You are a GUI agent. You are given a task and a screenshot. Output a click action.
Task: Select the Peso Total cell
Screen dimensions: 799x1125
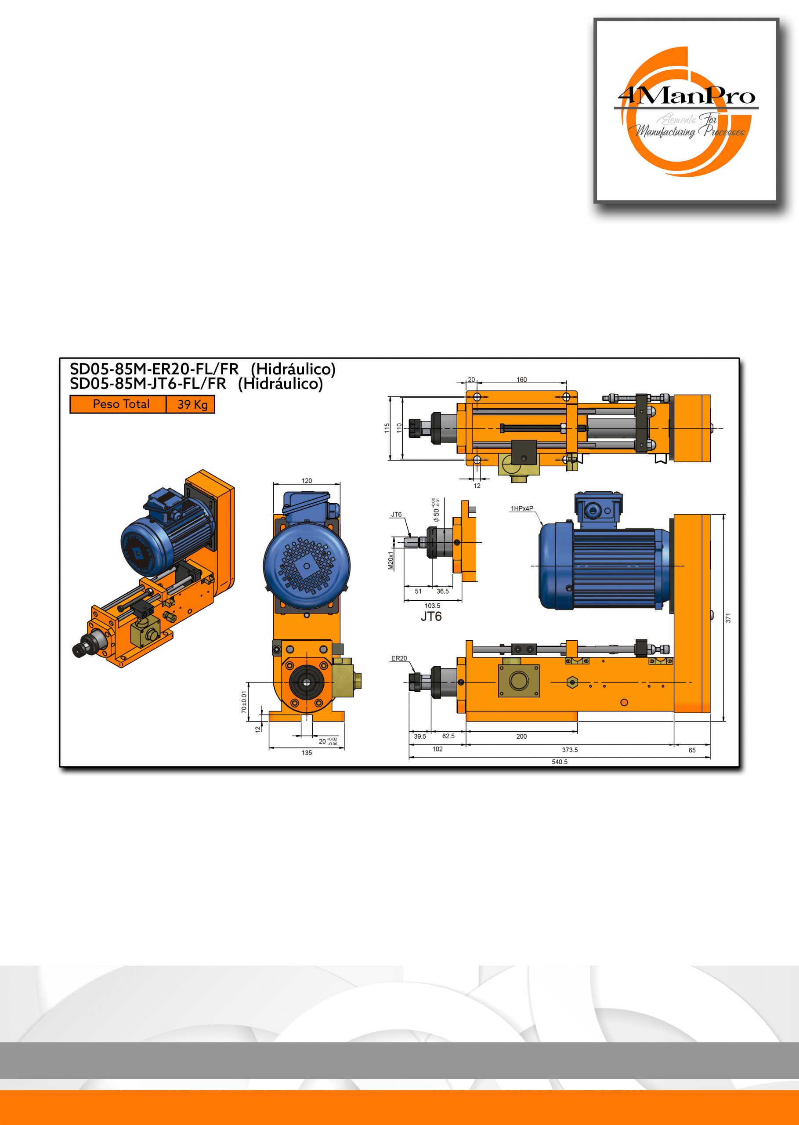[x=118, y=404]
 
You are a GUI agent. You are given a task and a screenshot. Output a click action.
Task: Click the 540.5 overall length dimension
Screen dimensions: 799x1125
[x=560, y=762]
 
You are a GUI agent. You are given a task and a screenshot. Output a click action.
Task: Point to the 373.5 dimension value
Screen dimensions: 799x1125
[x=570, y=750]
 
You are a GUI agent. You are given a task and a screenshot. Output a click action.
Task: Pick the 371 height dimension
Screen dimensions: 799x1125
[x=728, y=617]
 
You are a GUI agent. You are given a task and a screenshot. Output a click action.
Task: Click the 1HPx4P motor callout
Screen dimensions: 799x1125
[x=521, y=508]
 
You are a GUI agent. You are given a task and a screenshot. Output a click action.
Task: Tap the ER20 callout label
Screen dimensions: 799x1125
[x=399, y=658]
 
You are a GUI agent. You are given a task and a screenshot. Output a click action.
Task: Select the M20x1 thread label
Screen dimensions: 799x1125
[x=390, y=560]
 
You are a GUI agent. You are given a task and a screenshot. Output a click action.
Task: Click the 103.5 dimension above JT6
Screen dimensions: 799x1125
[x=433, y=606]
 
